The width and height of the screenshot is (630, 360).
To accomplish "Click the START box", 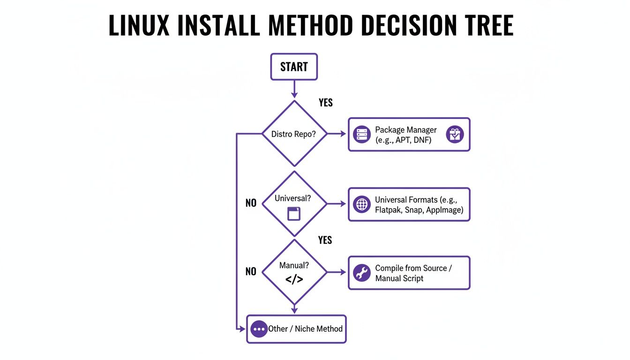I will click(294, 67).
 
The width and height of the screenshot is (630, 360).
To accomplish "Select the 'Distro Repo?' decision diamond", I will click(294, 134).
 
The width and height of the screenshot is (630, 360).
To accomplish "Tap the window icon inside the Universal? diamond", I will click(294, 214).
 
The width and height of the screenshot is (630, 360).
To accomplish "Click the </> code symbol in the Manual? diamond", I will click(294, 279).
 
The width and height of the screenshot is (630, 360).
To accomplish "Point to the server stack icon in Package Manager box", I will click(361, 135).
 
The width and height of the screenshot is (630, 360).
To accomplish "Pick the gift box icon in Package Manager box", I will click(455, 135).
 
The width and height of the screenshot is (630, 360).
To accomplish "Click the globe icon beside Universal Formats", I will click(361, 204).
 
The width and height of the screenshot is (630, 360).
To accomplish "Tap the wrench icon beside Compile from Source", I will click(361, 273).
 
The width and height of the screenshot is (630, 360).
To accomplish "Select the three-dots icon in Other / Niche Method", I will click(259, 329).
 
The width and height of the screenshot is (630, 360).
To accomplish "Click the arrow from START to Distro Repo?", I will click(294, 90).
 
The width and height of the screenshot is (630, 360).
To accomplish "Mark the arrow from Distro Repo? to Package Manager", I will click(336, 134).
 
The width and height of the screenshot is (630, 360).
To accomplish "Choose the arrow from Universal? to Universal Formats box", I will click(336, 204).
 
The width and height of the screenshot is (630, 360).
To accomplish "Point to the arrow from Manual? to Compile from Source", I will click(336, 272).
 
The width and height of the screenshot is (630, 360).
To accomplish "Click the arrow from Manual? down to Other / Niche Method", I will click(294, 309).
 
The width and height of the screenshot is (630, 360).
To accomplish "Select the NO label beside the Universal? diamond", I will click(251, 203).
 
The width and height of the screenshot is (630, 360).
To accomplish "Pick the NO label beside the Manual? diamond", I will click(251, 272).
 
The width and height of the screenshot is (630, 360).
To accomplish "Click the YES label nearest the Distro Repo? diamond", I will click(325, 103).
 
